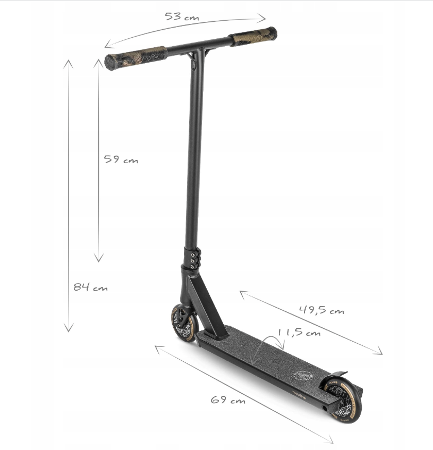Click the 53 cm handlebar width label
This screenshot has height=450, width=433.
point(182,16)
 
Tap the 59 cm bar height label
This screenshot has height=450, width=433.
point(121,159)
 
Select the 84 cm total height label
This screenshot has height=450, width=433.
point(90,287)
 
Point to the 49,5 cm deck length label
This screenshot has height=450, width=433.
point(321,310)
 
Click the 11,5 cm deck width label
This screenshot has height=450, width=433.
point(299,333)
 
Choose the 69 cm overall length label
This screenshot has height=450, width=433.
point(228,400)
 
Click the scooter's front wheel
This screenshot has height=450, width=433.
point(184,323)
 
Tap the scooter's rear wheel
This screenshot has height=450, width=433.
point(343,400)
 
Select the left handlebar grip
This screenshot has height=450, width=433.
point(135,58)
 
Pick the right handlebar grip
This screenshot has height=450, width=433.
point(253,37)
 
